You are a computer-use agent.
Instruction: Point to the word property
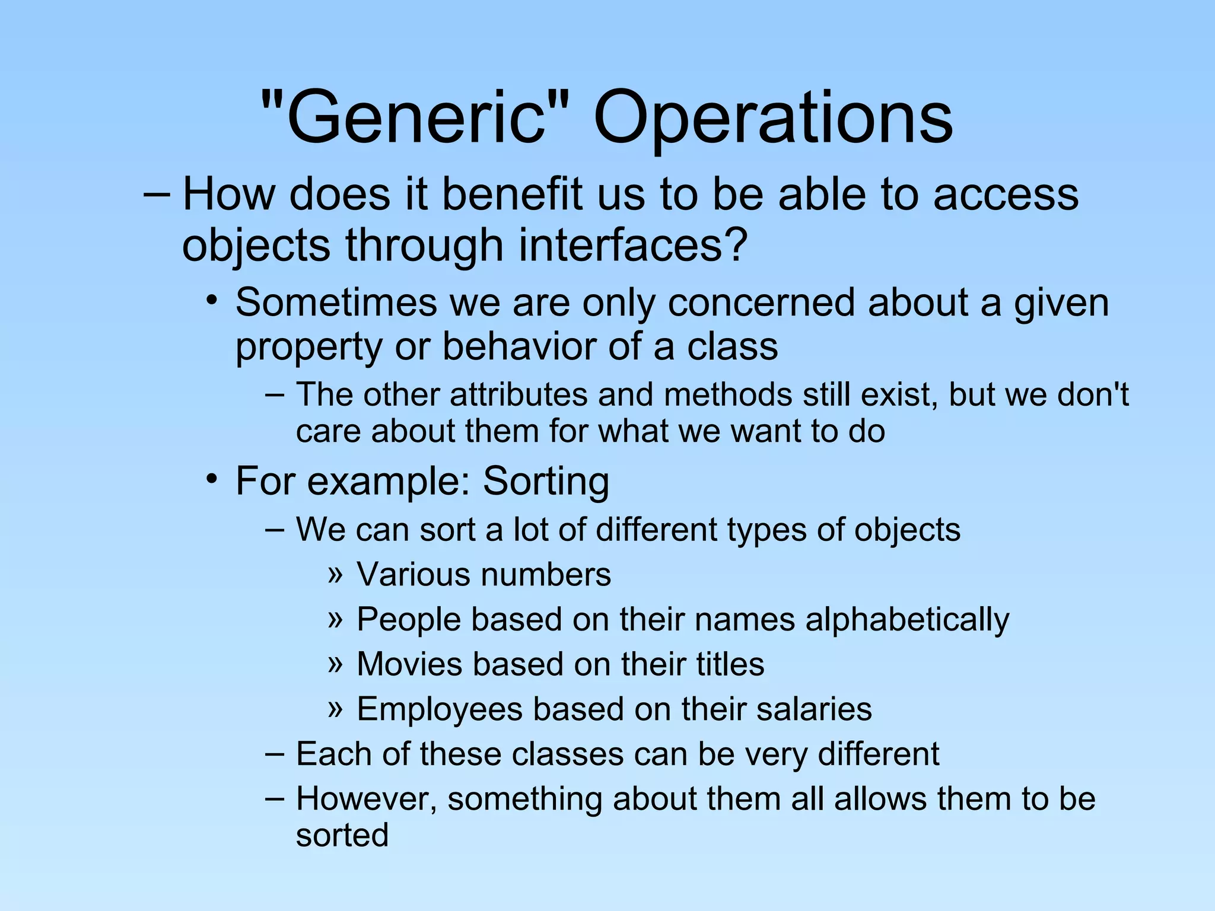pyautogui.click(x=308, y=348)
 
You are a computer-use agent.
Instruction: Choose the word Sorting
pyautogui.click(x=546, y=481)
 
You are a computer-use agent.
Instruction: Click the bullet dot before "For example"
pyautogui.click(x=212, y=478)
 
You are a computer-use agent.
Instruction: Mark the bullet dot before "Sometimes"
pyautogui.click(x=212, y=300)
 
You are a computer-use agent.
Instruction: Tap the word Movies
pyautogui.click(x=410, y=664)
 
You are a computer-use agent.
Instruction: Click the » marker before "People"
pyautogui.click(x=336, y=619)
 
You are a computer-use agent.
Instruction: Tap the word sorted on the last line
pyautogui.click(x=342, y=836)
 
